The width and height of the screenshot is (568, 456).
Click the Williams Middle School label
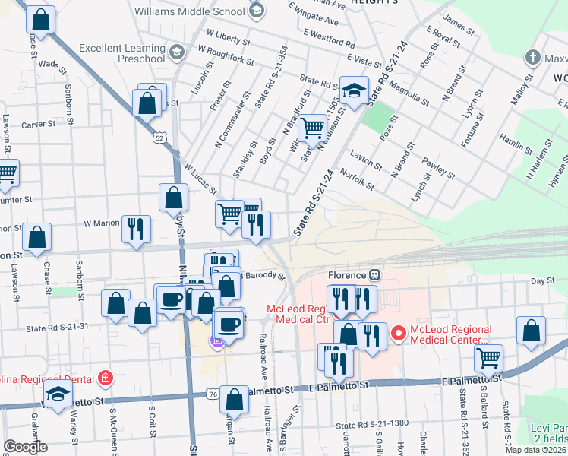click(x=190, y=11)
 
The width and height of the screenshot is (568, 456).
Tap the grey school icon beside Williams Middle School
click(x=257, y=11)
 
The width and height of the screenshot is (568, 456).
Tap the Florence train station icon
click(x=374, y=274)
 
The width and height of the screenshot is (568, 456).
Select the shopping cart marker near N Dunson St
click(x=311, y=128)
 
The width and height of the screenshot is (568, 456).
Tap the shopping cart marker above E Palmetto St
click(x=488, y=357)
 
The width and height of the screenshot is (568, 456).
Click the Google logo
click(x=25, y=447)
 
